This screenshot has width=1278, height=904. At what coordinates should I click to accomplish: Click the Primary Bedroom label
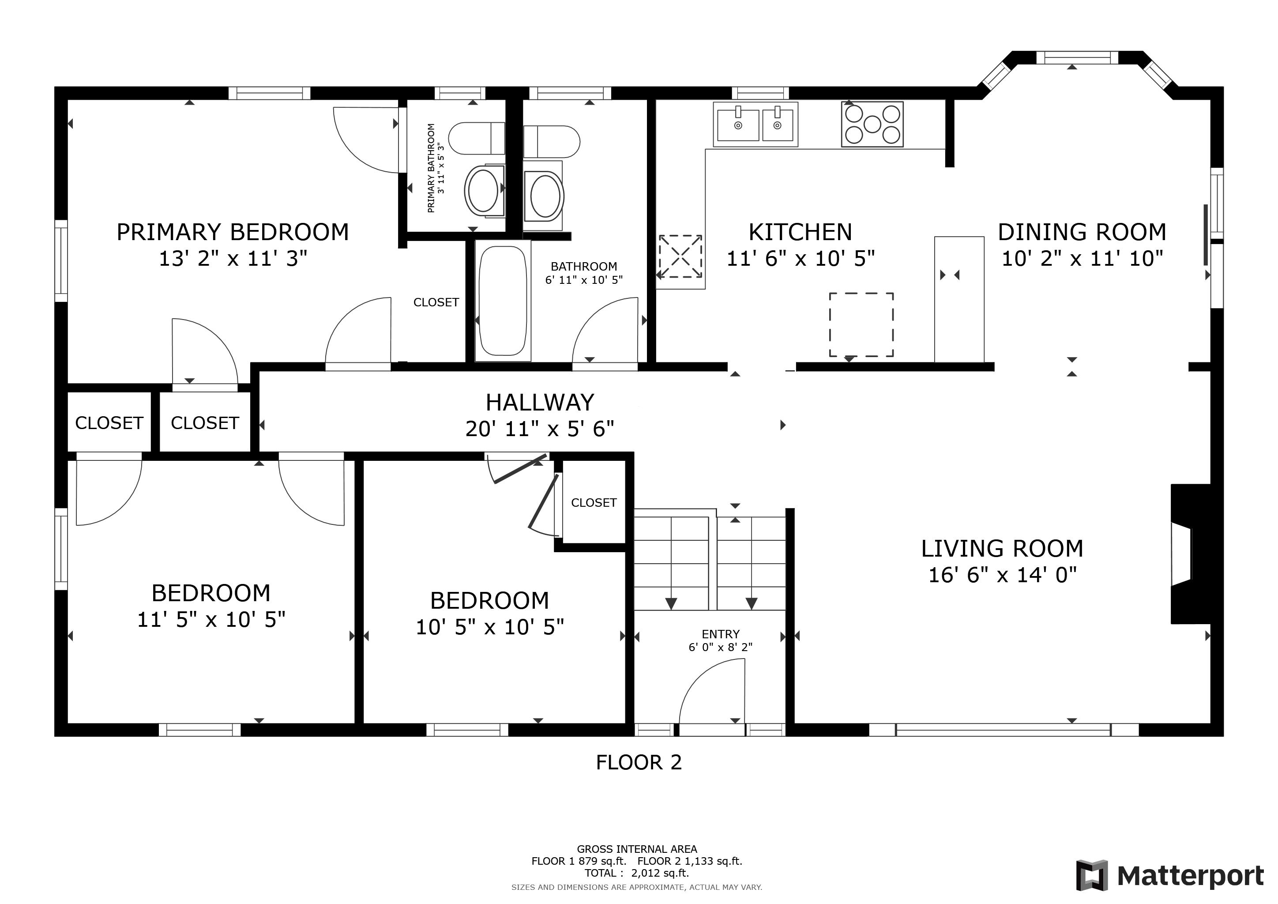[233, 232]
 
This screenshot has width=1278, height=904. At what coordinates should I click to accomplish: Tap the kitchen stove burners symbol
[872, 124]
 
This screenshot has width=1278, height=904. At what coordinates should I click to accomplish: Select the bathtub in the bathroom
[503, 301]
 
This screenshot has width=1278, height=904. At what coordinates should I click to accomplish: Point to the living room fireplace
[1191, 554]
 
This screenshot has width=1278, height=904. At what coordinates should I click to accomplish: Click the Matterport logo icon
[1093, 876]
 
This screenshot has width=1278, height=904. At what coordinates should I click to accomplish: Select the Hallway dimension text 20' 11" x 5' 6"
[540, 429]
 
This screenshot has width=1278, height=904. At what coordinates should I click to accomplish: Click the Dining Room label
[1082, 232]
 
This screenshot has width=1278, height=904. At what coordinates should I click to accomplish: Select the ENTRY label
[721, 634]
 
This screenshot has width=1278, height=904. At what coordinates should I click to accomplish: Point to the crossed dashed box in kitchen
[680, 256]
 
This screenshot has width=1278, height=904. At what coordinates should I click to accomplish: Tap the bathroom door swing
[605, 330]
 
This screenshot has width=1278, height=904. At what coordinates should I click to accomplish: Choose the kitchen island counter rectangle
[959, 299]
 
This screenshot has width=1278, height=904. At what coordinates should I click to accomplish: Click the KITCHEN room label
[801, 232]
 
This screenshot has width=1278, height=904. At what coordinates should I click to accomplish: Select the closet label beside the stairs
[594, 503]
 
